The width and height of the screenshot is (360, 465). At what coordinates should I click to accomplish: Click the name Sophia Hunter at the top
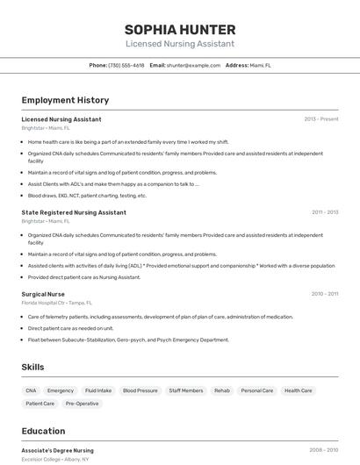[x=180, y=29]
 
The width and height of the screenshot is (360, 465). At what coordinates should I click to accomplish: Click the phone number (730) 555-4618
[x=126, y=65]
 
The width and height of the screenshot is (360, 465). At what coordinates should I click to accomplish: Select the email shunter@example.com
[x=193, y=65]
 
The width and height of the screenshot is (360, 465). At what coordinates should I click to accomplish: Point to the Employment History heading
[x=65, y=100]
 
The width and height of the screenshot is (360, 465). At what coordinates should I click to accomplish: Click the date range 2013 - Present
[x=321, y=119]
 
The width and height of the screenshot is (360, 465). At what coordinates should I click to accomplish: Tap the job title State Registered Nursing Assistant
[x=74, y=212]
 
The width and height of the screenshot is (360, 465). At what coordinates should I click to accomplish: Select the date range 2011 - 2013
[x=325, y=212]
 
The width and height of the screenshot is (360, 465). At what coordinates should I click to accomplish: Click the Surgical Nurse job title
[x=43, y=294]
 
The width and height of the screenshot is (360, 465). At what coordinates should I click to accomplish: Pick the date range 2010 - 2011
[x=325, y=294]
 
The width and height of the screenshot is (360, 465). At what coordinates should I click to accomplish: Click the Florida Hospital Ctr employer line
[x=57, y=303]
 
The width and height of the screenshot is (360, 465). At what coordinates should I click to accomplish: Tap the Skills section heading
[x=32, y=367]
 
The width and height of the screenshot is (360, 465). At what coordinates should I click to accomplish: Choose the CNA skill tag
[x=31, y=390]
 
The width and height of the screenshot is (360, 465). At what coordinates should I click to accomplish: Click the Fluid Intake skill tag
[x=98, y=390]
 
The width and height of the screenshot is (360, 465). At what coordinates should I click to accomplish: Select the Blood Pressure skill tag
[x=140, y=390]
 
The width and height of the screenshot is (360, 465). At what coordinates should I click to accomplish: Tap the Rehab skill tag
[x=222, y=390]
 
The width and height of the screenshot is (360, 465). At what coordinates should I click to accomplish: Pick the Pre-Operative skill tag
[x=82, y=404]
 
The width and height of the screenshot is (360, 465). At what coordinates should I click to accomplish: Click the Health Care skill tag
[x=299, y=390]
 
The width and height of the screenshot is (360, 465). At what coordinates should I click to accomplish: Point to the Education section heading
[x=43, y=431]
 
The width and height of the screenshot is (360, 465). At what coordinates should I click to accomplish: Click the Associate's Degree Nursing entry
[x=57, y=450]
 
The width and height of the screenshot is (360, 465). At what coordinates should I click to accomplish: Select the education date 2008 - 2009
[x=324, y=450]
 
